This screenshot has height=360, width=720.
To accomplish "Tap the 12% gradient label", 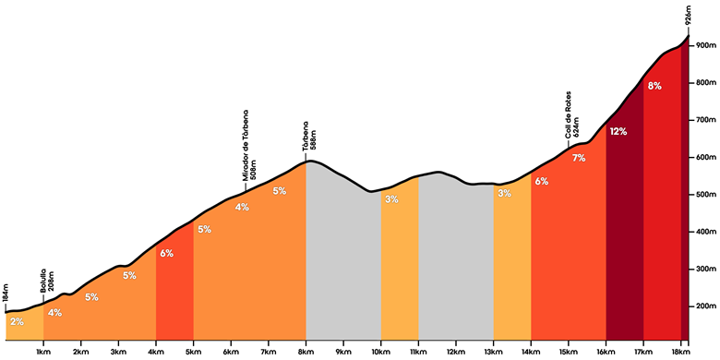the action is (x=618, y=132).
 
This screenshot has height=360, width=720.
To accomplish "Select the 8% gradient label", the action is (x=654, y=86).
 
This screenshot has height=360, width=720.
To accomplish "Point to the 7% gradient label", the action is (x=579, y=159).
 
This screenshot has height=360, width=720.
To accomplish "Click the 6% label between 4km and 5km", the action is (x=167, y=253).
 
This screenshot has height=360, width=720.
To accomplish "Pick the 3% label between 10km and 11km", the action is (x=391, y=199).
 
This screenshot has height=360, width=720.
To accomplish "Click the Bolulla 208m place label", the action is (x=47, y=283).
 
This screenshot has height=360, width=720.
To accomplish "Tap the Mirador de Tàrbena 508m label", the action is (x=249, y=145).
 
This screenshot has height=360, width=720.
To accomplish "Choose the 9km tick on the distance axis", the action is (x=343, y=352).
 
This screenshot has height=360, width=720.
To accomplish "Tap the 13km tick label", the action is (x=493, y=352).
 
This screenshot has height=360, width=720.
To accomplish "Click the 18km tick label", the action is (x=680, y=352).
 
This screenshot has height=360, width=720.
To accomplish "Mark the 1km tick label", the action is (x=43, y=352).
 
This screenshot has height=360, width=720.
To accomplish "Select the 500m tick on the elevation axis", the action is (x=706, y=195).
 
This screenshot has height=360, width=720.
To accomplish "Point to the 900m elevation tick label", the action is (x=706, y=46).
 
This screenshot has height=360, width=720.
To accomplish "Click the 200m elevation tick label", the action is (x=706, y=306).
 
